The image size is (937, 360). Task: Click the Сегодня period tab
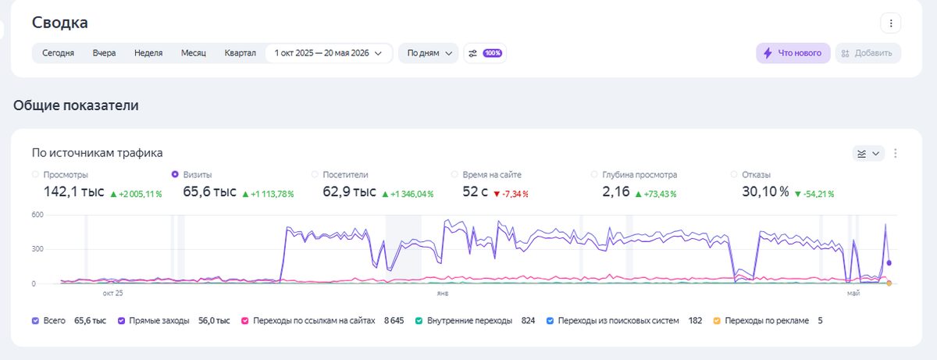coord(58,53)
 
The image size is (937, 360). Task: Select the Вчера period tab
coord(104,53)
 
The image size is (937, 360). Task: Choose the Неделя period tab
coord(148,53)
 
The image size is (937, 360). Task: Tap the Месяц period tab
coord(194,53)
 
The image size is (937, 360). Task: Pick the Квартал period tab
coord(240,53)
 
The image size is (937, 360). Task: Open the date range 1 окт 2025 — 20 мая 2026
coord(329,53)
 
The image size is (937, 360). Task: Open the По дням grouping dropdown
coord(429,53)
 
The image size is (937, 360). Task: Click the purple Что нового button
coord(793,53)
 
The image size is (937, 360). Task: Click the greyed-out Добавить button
coord(868,53)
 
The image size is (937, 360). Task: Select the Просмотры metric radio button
coord(36,174)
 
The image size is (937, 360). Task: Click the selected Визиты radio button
coord(175,174)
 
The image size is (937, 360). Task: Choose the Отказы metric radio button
coord(734,174)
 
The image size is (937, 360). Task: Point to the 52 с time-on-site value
coord(476,191)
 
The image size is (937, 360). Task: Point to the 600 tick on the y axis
coord(37,215)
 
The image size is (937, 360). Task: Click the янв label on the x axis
coord(443,293)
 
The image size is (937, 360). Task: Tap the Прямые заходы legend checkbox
coord(121,321)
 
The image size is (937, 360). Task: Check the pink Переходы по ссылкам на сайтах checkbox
coord(245,321)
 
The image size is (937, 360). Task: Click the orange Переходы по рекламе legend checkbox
coord(717,321)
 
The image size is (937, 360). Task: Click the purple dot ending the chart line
coord(889,263)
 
